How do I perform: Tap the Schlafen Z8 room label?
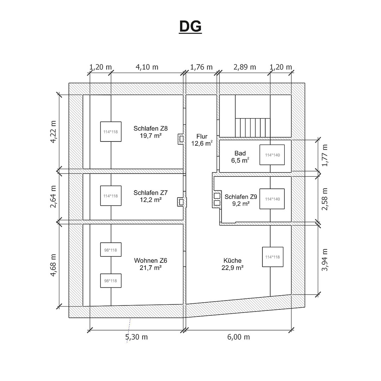[151, 128]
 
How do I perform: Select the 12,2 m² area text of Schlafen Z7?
[151, 200]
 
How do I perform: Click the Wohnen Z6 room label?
[151, 260]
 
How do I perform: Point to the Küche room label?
[232, 260]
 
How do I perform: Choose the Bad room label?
[240, 153]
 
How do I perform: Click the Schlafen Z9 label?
[241, 196]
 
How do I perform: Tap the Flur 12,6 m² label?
[202, 140]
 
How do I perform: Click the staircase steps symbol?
[253, 128]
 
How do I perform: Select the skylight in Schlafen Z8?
[111, 132]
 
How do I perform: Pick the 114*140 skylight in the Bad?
[272, 155]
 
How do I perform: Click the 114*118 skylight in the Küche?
[273, 257]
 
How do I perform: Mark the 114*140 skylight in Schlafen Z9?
[272, 199]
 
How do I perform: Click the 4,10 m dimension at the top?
[147, 67]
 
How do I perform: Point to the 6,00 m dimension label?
[238, 337]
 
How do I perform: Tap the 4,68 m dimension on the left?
[53, 265]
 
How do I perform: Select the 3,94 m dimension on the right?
[325, 260]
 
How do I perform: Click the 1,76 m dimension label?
[201, 67]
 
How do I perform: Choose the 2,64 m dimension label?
[53, 196]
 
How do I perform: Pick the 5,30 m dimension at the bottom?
[137, 337]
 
